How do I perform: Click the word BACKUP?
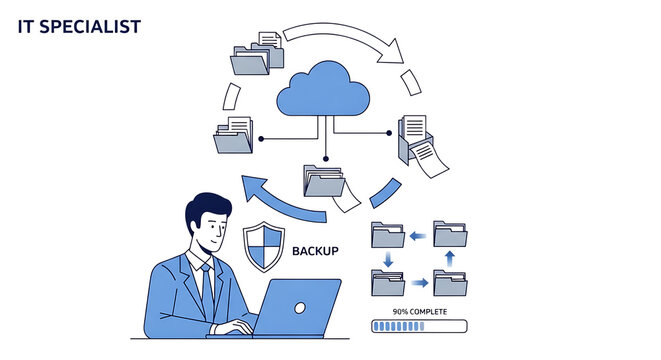pyautogui.click(x=315, y=251)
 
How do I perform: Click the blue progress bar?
pyautogui.click(x=418, y=326)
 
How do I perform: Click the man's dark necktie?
pyautogui.click(x=207, y=286)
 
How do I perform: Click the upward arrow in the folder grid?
pyautogui.click(x=449, y=260)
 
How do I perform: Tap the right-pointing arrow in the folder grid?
pyautogui.click(x=420, y=284)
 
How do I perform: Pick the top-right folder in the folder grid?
pyautogui.click(x=451, y=235)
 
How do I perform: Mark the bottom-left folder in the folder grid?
pyautogui.click(x=387, y=283)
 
